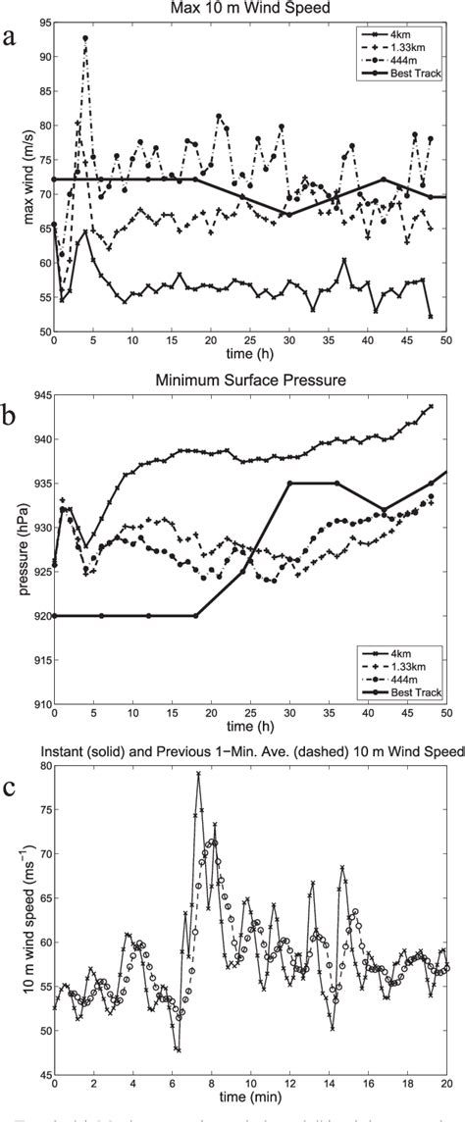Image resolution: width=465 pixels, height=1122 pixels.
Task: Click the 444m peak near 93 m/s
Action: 85,38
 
